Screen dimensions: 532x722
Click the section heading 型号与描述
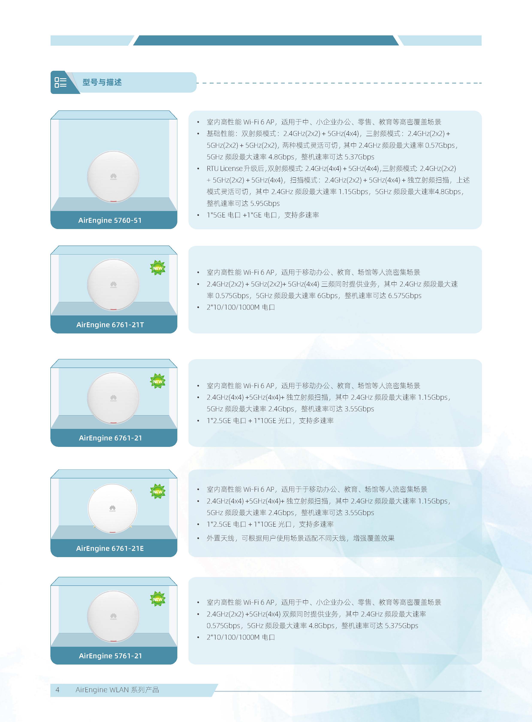coord(102,82)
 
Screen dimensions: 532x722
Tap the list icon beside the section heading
coord(60,82)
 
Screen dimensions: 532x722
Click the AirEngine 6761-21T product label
coord(110,325)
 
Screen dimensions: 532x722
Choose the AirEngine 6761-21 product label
coord(110,438)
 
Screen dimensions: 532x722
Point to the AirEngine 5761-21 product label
coord(110,656)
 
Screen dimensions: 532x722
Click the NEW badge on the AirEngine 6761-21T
coord(158,268)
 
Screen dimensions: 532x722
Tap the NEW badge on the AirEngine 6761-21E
coord(158,492)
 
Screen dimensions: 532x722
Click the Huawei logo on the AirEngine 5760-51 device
coord(113,176)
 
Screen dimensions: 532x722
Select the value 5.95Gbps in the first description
coord(265,203)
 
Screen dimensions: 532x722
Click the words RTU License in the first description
coord(225,168)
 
